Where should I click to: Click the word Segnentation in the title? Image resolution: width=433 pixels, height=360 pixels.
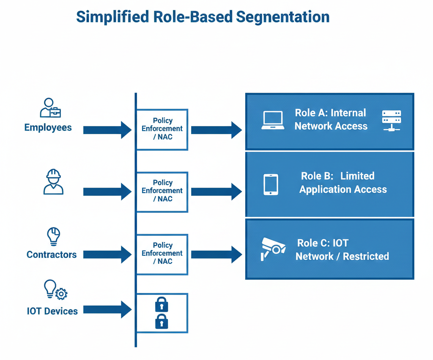point(282,16)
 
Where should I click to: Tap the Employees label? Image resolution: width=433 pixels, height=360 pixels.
point(48,128)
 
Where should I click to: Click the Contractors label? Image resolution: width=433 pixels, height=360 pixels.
point(52,254)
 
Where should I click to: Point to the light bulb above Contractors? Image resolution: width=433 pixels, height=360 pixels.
point(53,236)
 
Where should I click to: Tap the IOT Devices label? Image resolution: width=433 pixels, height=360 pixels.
point(52,311)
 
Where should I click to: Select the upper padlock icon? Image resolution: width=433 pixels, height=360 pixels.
point(162,304)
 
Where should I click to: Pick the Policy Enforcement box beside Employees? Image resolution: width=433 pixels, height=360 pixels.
point(162,129)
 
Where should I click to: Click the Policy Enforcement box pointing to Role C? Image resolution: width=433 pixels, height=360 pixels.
point(162,254)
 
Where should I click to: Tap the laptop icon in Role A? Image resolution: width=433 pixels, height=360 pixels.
point(273,120)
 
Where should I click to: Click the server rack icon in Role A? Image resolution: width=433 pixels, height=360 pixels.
point(391,120)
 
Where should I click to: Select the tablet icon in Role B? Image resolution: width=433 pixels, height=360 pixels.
point(271,185)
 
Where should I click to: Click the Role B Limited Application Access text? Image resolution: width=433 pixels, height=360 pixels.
point(343,183)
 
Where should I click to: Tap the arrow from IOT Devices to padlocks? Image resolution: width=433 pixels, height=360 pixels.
point(107,310)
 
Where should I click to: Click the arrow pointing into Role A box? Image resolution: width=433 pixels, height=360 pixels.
point(216,130)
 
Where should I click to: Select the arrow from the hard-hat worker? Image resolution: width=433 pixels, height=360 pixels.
point(107,192)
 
